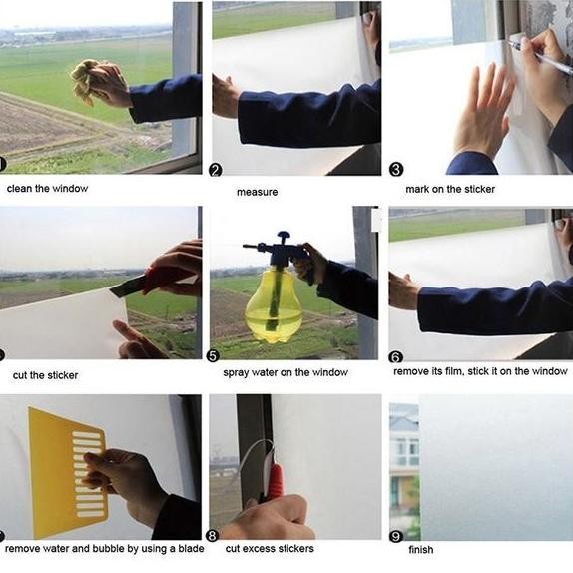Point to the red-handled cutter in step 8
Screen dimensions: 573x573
(274, 481)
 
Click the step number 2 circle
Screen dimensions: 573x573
(216, 171)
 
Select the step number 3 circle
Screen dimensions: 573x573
(396, 170)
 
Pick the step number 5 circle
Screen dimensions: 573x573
(213, 356)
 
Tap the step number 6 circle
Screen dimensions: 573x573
(395, 357)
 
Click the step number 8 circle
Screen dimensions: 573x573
(213, 536)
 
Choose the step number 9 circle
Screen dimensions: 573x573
(396, 536)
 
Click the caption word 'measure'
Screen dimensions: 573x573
(257, 192)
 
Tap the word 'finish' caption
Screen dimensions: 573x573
(421, 550)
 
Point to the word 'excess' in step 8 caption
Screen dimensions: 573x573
(260, 549)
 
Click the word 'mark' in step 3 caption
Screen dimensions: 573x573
(417, 189)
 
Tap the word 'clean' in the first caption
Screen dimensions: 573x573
(19, 189)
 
